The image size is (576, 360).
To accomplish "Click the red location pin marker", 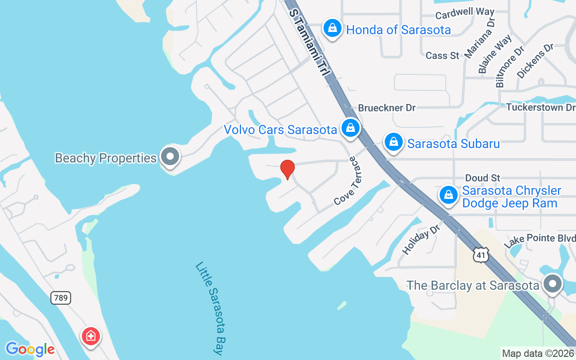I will pos(287,170).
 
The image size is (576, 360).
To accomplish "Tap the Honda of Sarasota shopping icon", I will pos(332,29).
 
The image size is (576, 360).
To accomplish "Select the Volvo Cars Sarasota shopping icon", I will pos(350,129).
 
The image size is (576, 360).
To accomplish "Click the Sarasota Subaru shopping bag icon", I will pos(393,143).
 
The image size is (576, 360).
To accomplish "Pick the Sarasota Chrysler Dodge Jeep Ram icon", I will pos(448,195).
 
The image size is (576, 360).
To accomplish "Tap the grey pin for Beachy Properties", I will pos(170,157).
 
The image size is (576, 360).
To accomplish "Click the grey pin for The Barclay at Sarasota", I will pos(553,284).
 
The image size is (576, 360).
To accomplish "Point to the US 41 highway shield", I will pos(481,255).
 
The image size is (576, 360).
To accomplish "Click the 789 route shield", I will pos(61,297).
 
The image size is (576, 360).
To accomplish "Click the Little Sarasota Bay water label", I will pos(210,308).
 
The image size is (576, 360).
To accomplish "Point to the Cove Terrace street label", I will pos(351,181).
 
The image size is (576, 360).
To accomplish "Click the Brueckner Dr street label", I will pos(387,108).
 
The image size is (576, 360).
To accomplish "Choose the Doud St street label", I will pos(482,178).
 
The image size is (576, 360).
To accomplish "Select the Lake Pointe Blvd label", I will pos(540,241).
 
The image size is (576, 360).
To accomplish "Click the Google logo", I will pos(30,349).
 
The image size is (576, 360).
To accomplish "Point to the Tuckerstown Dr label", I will pos(540,107).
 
